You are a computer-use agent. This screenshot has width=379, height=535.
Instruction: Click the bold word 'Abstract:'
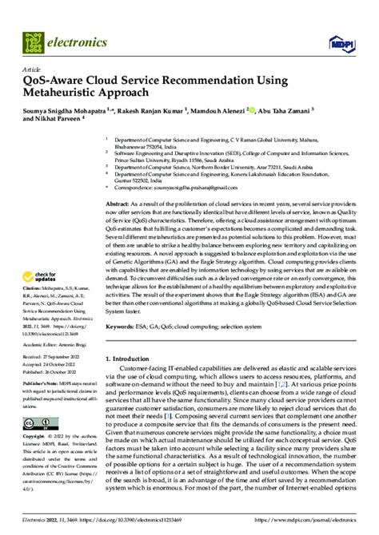118,205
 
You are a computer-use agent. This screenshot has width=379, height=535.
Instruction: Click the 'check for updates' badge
43,275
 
